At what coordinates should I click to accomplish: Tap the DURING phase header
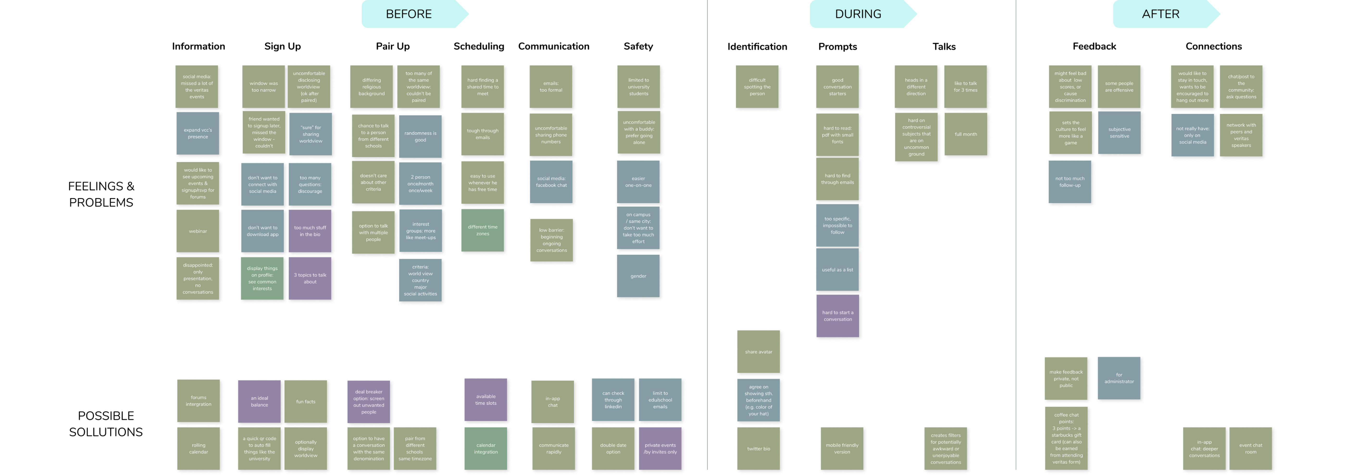[x=858, y=14]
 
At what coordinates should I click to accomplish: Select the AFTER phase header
[x=1160, y=14]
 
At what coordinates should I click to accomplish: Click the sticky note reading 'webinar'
[x=198, y=231]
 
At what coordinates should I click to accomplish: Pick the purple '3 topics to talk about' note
[x=310, y=278]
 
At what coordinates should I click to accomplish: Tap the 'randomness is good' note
[x=420, y=136]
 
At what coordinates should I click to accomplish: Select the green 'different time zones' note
[x=482, y=230]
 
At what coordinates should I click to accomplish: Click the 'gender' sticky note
[x=638, y=276]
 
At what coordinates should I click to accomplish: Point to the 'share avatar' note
[x=758, y=352]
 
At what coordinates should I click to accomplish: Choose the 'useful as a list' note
[x=837, y=270]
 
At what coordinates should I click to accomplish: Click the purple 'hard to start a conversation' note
[x=838, y=316]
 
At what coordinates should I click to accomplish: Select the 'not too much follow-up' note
[x=1070, y=182]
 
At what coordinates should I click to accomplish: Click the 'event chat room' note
[x=1250, y=448]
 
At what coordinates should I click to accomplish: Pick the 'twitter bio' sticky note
[x=758, y=448]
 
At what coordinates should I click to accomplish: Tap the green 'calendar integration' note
[x=486, y=448]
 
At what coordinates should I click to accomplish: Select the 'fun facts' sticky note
[x=306, y=401]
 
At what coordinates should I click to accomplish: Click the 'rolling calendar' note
[x=199, y=448]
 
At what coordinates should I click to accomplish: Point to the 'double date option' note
[x=613, y=448]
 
